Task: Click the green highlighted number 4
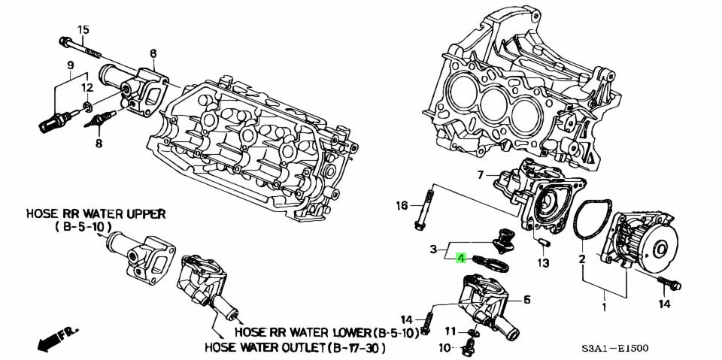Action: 462,258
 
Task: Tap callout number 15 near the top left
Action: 83,30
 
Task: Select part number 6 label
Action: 153,53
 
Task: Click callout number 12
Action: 88,89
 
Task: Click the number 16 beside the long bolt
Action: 402,205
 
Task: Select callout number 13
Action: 543,262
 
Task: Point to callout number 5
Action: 526,299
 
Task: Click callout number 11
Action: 449,331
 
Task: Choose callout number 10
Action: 444,348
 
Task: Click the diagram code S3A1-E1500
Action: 614,349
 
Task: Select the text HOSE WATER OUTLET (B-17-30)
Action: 295,348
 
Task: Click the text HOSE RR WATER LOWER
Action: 303,331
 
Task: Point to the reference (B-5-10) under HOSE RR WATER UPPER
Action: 83,226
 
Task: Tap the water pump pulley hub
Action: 662,248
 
